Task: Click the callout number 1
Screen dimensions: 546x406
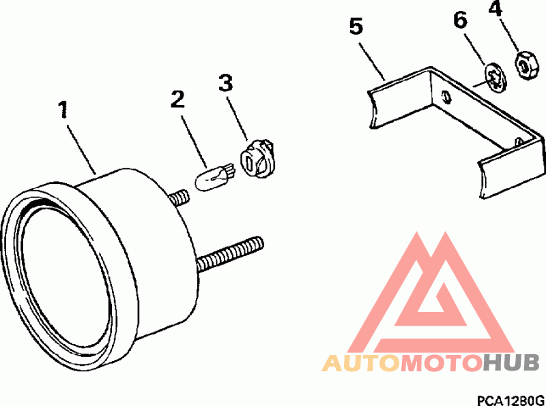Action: [63, 110]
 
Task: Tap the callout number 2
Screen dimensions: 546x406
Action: [178, 99]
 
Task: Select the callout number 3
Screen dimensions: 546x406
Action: [226, 82]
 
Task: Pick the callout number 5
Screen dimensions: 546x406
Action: [356, 27]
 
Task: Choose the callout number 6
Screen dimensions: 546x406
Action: [460, 20]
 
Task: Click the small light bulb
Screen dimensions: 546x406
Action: [214, 177]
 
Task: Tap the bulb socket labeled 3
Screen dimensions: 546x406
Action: [257, 159]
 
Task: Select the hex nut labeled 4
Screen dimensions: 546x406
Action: [526, 65]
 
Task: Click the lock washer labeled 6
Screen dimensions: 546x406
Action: [496, 78]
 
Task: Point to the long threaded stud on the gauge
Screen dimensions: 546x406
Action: [230, 254]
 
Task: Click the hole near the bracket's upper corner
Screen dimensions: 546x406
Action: [446, 97]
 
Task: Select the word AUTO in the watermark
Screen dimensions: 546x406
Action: [361, 363]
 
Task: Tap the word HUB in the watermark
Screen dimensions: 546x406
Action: [511, 363]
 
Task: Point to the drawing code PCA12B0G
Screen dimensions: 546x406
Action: [510, 400]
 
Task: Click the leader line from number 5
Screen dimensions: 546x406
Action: [372, 61]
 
